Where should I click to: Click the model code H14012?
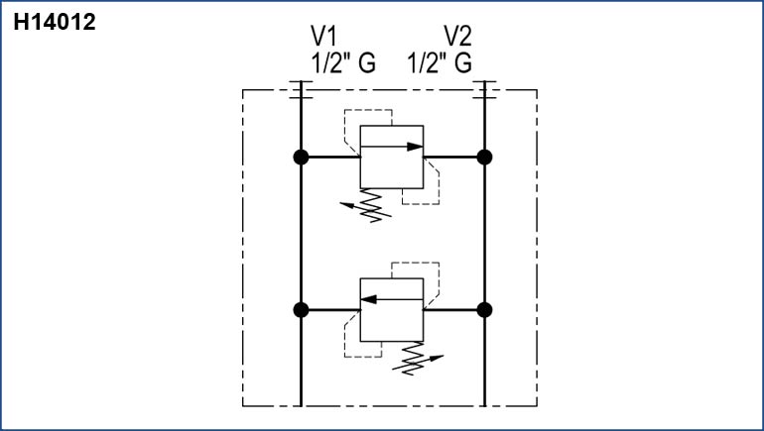(x=54, y=22)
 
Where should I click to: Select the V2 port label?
(x=457, y=37)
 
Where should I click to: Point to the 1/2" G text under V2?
(x=440, y=63)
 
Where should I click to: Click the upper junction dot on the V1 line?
(x=301, y=157)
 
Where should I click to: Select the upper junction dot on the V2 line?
(x=484, y=157)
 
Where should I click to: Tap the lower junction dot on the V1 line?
(x=301, y=310)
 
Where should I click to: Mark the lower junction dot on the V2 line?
(x=484, y=310)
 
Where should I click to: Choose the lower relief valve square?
(x=391, y=310)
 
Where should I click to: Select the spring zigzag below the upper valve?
(x=371, y=205)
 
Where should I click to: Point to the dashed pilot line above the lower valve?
(x=417, y=263)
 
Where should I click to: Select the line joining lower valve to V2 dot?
(x=453, y=310)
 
